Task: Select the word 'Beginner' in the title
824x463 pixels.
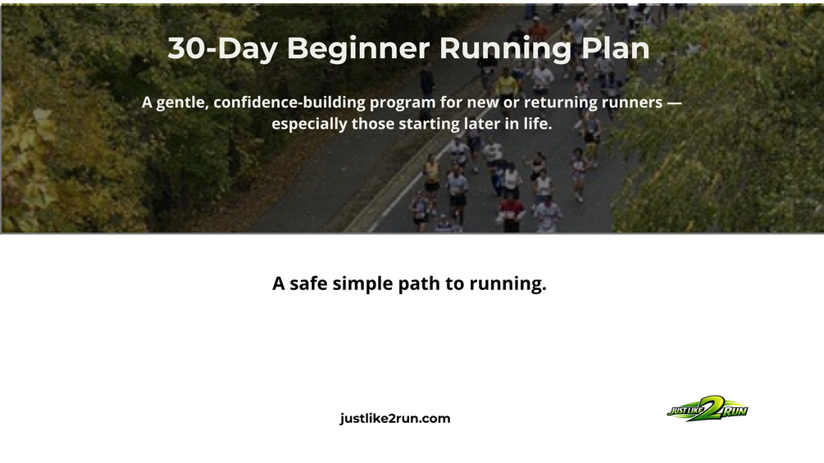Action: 358,48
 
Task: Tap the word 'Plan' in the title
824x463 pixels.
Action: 616,48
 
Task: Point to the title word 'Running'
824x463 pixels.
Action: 505,49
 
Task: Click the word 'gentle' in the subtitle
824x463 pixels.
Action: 182,102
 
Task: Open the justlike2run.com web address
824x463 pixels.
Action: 395,419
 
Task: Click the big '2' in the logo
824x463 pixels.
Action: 710,408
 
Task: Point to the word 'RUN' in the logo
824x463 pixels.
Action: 735,411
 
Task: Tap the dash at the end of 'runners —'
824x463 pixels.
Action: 674,102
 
